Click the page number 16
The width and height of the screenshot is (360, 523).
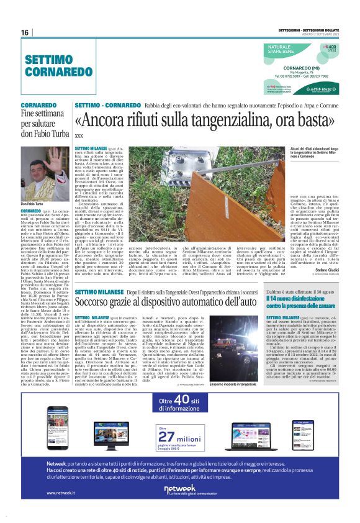25,32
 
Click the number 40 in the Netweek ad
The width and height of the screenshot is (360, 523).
179,401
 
